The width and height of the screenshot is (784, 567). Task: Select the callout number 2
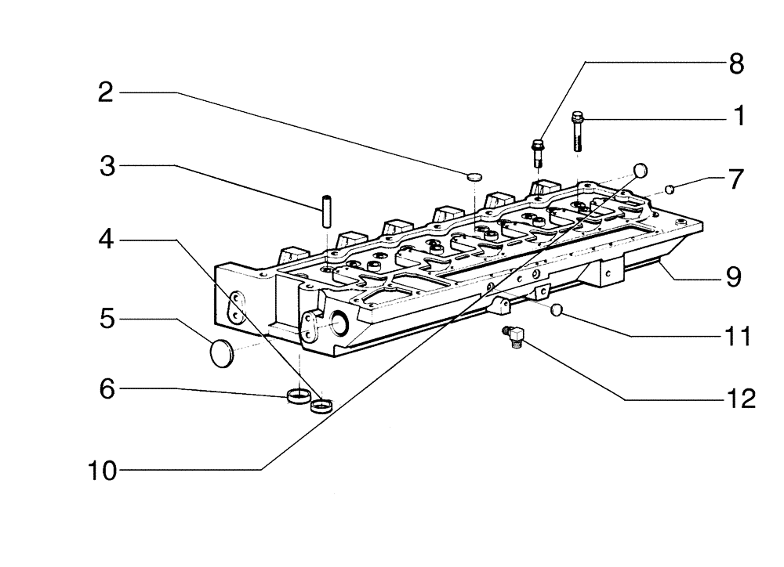105,93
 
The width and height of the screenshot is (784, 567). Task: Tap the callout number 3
107,166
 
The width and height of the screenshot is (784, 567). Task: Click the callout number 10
101,470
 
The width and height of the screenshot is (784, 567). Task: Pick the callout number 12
737,399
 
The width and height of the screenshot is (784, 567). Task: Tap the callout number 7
735,179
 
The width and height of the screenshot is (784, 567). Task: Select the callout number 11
737,337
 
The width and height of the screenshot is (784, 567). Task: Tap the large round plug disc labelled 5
223,352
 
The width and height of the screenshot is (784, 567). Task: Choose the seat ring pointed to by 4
321,406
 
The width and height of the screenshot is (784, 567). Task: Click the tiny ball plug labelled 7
670,188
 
